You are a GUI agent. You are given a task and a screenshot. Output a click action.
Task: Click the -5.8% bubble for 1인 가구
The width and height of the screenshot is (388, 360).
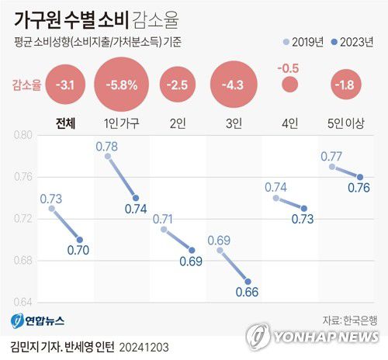(122, 85)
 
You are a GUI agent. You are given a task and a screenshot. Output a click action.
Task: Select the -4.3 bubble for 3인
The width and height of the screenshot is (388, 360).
(233, 85)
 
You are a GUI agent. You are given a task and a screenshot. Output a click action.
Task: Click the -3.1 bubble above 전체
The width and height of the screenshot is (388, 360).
(67, 85)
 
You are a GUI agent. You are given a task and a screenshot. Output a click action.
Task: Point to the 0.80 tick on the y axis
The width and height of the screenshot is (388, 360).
(23, 135)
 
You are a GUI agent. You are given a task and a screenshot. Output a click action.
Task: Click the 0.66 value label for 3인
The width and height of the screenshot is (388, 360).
(246, 292)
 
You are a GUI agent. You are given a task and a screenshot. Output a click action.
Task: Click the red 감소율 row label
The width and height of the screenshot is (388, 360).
(25, 85)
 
